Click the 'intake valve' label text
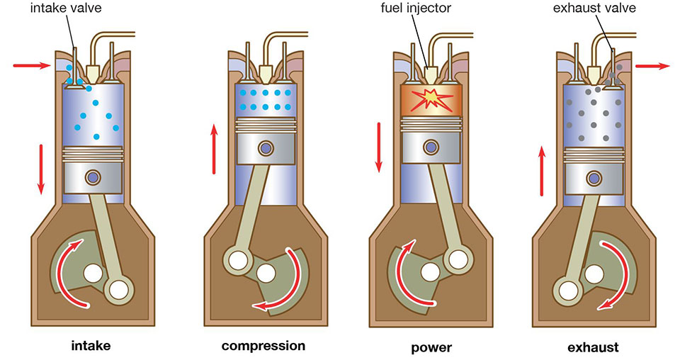click(x=65, y=9)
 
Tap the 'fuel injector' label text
click(x=416, y=9)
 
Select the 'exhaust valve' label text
click(x=594, y=8)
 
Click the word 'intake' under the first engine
click(x=91, y=346)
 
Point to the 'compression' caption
click(x=263, y=346)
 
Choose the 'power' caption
click(x=431, y=347)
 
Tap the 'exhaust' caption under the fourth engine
click(x=593, y=347)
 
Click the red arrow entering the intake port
click(x=32, y=65)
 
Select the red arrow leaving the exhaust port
click(x=652, y=66)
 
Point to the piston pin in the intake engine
click(x=93, y=177)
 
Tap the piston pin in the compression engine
click(x=266, y=148)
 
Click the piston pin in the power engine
click(x=431, y=147)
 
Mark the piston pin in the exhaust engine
click(x=594, y=178)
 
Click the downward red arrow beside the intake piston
click(x=41, y=169)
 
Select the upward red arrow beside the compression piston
click(x=214, y=149)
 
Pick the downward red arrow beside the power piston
click(x=379, y=147)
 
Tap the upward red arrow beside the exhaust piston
click(x=542, y=171)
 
